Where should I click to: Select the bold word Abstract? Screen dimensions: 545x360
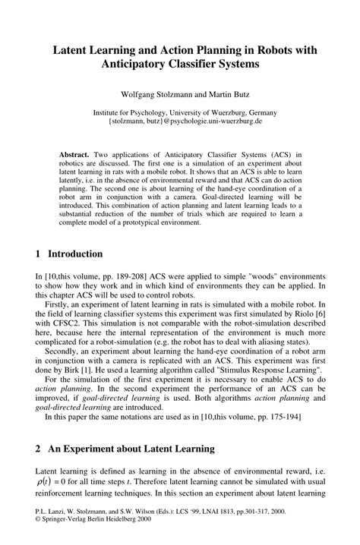point(77,153)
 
